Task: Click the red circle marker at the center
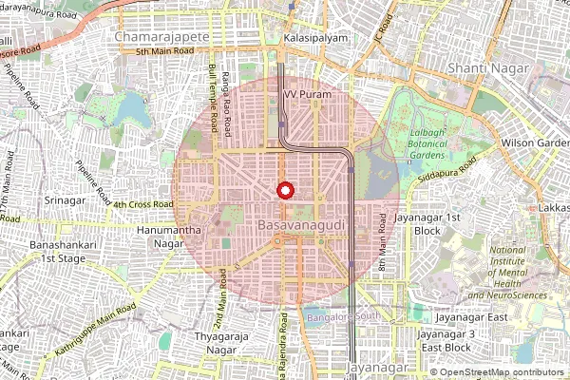[284, 190]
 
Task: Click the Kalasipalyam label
[315, 38]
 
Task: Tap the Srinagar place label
[66, 201]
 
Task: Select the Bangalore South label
[343, 315]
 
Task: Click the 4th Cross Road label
[142, 204]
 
